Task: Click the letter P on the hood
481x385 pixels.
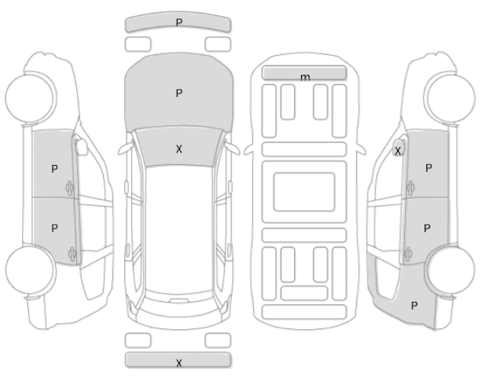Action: click(179, 93)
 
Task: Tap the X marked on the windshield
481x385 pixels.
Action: click(179, 149)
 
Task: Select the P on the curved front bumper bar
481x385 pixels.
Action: click(179, 22)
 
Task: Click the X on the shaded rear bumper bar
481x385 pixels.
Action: click(179, 363)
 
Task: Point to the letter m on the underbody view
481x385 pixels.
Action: click(305, 77)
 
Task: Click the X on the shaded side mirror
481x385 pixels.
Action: click(398, 151)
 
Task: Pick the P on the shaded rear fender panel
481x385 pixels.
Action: click(414, 306)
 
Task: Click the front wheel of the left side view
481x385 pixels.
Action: click(31, 98)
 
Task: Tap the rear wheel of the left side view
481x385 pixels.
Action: click(30, 270)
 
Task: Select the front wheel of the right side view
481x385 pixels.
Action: click(450, 98)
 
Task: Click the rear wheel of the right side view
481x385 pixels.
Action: click(451, 270)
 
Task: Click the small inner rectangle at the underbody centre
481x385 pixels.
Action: click(304, 192)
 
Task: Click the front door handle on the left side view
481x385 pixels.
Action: click(69, 188)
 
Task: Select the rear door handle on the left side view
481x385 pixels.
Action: click(72, 254)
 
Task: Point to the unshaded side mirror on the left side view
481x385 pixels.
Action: click(82, 147)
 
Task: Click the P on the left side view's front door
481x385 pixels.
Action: click(55, 169)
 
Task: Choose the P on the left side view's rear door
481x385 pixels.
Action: click(55, 228)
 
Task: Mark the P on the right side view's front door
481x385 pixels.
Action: click(429, 168)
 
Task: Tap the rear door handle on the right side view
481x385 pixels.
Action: click(408, 254)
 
